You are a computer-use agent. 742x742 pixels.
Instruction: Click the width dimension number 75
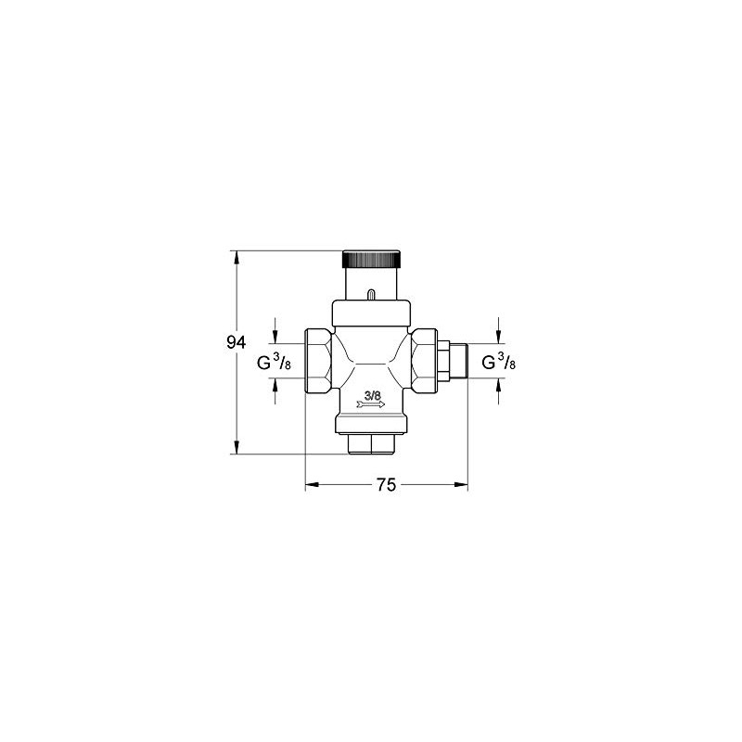386,485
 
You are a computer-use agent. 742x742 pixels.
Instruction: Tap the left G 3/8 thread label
275,363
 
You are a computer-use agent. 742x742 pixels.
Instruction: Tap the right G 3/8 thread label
499,363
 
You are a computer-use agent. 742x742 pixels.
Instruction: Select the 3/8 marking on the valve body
373,396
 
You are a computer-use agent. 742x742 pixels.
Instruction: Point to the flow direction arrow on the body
371,405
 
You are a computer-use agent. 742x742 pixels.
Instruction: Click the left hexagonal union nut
318,363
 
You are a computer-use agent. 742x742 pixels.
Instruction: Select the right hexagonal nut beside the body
426,362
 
